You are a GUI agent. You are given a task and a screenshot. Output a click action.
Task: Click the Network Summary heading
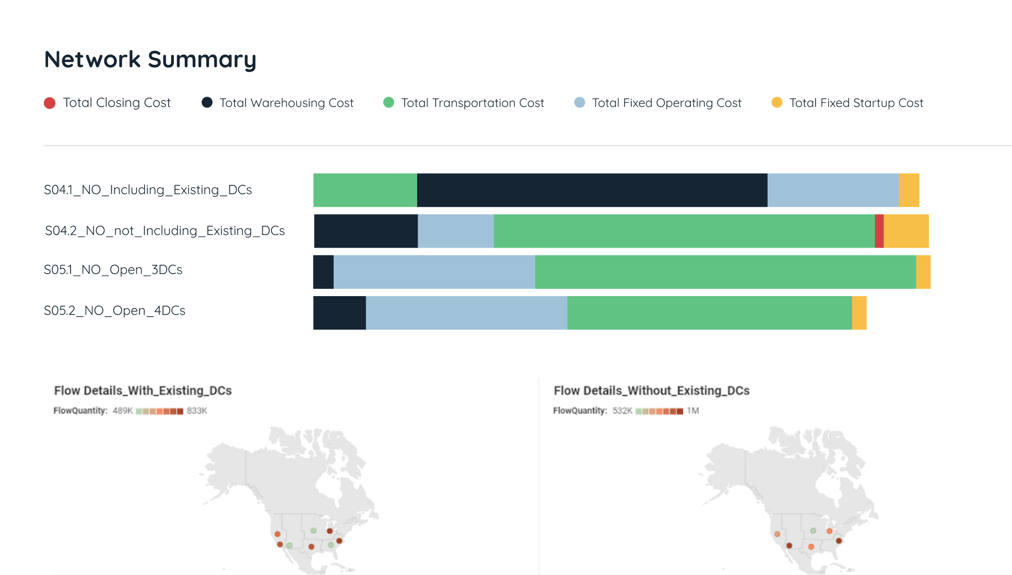point(150,60)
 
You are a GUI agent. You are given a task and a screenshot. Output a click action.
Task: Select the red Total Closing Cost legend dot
point(50,103)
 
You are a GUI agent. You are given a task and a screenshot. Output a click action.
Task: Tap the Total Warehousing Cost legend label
point(286,103)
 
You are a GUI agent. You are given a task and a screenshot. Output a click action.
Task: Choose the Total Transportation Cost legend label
point(472,103)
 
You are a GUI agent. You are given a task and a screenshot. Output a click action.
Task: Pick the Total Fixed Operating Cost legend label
point(666,103)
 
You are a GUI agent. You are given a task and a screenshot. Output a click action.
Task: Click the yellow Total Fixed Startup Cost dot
point(777,103)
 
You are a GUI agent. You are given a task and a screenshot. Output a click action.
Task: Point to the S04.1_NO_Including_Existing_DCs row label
point(148,190)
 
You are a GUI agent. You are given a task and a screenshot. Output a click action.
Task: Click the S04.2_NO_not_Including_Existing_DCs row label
point(165,231)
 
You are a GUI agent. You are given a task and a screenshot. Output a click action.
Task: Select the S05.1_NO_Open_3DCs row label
point(113,270)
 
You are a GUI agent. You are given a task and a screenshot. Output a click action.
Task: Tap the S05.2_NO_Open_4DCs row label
point(115,311)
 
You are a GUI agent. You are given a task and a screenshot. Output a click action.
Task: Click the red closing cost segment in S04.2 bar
point(879,231)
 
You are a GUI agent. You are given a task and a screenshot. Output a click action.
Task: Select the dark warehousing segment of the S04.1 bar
point(592,190)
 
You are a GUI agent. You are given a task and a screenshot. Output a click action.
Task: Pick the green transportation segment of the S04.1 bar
point(365,190)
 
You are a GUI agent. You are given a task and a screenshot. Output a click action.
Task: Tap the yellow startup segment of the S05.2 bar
point(859,313)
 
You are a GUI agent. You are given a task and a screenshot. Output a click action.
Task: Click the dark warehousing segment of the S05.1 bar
point(323,272)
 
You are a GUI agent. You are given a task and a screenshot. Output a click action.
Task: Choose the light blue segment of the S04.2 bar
point(455,231)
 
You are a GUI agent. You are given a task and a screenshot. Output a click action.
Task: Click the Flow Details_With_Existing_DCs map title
point(143,391)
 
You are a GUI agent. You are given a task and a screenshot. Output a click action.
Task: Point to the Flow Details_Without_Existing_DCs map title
point(652,391)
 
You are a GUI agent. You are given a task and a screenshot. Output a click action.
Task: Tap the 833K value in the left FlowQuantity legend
point(197,411)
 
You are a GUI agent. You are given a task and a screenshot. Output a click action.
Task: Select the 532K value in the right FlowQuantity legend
point(622,411)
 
